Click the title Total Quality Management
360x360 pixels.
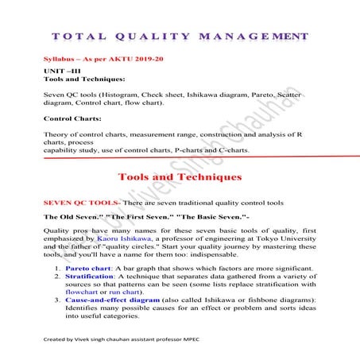pyautogui.click(x=180, y=37)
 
